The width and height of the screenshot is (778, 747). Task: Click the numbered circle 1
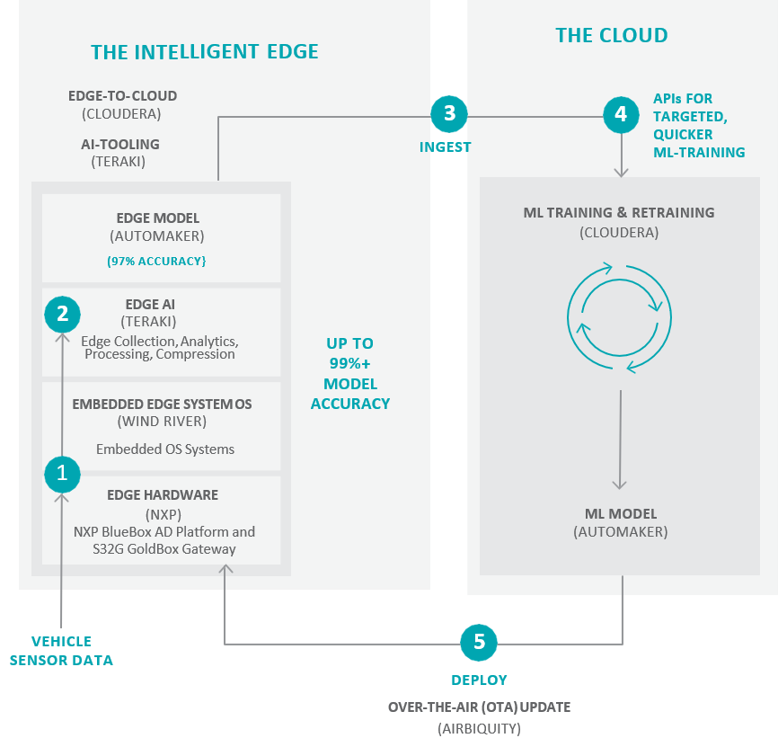62,473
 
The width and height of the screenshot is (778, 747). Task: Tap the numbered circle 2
62,314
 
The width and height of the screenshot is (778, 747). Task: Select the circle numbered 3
449,114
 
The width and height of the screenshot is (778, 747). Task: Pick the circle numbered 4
620,114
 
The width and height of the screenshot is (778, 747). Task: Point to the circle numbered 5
479,642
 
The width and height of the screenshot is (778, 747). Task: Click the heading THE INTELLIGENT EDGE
205,52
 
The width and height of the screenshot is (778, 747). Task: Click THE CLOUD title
612,36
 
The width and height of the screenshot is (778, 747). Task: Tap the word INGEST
445,147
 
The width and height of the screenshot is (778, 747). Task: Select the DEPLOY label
479,680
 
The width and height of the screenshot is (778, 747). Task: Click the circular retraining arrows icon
619,317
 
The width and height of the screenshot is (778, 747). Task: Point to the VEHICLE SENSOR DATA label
61,651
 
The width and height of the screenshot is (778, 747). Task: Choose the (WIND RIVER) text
163,422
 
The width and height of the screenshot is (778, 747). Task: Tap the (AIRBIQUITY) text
479,728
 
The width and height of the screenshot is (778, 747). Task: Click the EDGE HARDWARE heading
163,495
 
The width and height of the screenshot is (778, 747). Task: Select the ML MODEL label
619,514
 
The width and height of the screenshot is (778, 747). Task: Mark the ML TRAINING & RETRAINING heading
619,213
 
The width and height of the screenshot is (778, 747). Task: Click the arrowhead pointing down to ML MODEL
619,485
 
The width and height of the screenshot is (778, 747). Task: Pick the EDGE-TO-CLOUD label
122,96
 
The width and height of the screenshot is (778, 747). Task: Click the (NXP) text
163,514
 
